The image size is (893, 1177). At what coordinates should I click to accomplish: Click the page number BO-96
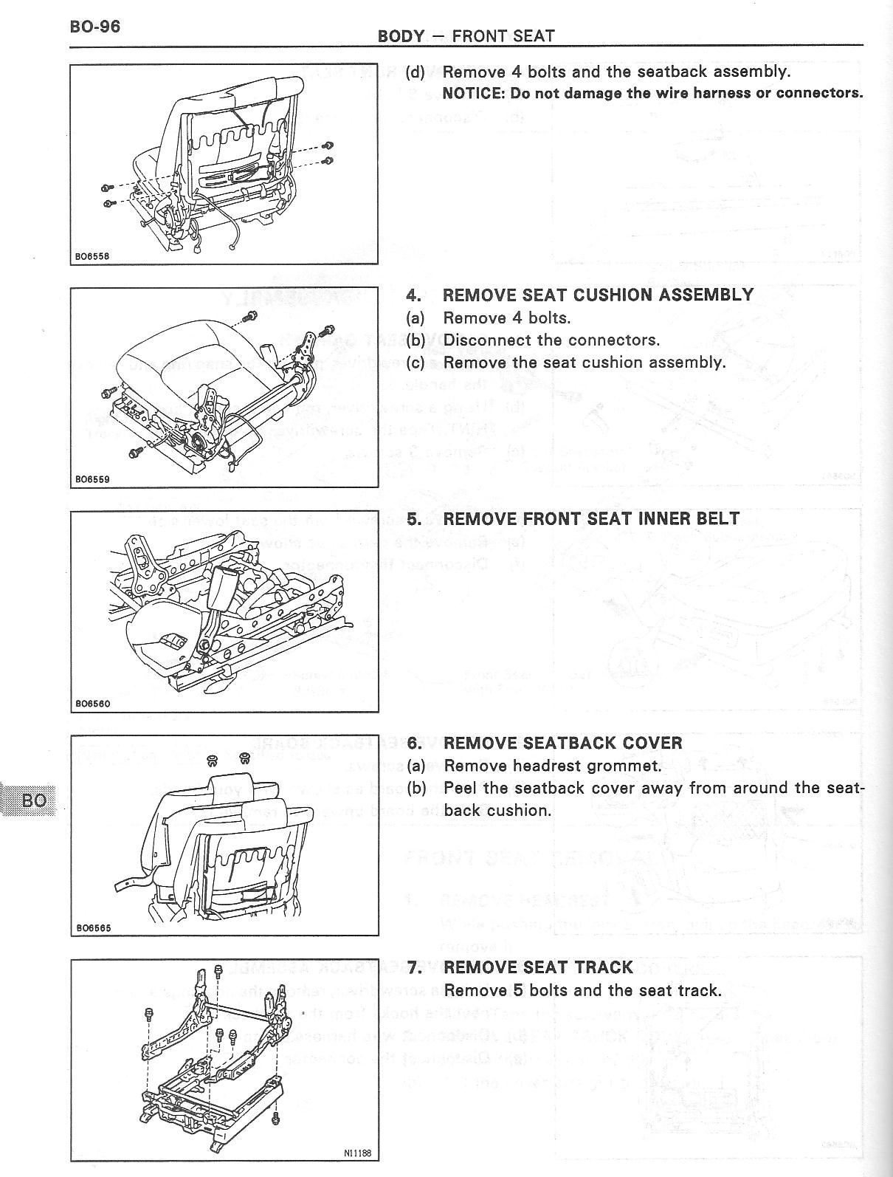point(94,27)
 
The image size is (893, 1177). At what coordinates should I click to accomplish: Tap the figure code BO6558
point(92,257)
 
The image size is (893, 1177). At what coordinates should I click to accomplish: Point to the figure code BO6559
point(92,479)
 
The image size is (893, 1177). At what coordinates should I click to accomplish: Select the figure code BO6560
point(92,704)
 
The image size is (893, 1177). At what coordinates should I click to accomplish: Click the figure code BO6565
point(92,928)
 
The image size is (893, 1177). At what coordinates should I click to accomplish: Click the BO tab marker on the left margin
point(35,800)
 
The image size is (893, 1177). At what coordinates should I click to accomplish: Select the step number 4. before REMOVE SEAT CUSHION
point(414,295)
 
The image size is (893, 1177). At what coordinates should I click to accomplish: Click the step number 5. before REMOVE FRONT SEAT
point(414,519)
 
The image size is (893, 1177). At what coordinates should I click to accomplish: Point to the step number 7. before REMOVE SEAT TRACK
point(414,967)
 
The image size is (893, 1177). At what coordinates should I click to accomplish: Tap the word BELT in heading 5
point(718,519)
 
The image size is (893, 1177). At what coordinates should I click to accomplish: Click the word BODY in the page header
point(401,35)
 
